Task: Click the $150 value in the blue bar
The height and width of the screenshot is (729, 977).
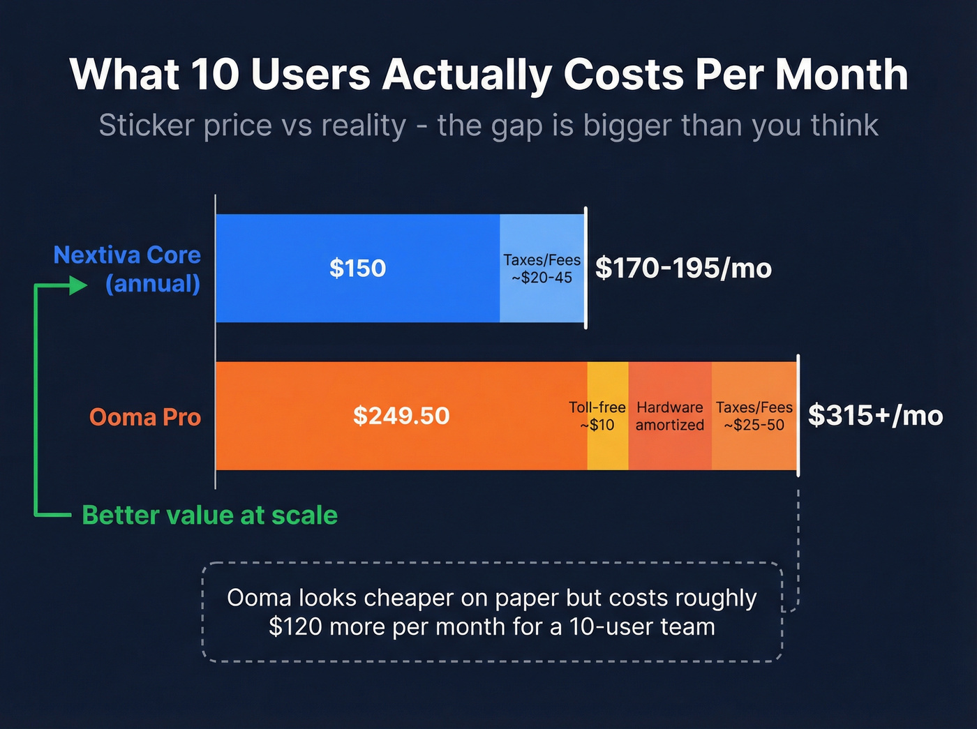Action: pos(357,269)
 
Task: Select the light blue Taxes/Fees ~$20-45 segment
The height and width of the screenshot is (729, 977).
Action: pos(542,269)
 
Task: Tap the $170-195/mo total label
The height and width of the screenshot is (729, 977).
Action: pos(683,269)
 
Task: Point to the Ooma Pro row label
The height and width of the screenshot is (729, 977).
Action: pos(145,417)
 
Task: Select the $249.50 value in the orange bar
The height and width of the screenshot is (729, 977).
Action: pos(401,416)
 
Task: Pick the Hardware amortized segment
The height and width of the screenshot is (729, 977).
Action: pos(670,416)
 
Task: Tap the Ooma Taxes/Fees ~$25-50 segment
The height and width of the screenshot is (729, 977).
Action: pos(754,416)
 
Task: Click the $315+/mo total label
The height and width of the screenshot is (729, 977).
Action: pos(875,416)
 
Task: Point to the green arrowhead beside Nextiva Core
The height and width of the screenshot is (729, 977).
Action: pos(78,285)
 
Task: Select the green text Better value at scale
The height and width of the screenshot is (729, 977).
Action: pos(209,516)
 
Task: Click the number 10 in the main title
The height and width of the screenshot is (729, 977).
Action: pos(214,74)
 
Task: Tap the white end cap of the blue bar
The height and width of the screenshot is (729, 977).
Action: pos(586,269)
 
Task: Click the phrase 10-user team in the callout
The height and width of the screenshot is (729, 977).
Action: pos(641,626)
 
